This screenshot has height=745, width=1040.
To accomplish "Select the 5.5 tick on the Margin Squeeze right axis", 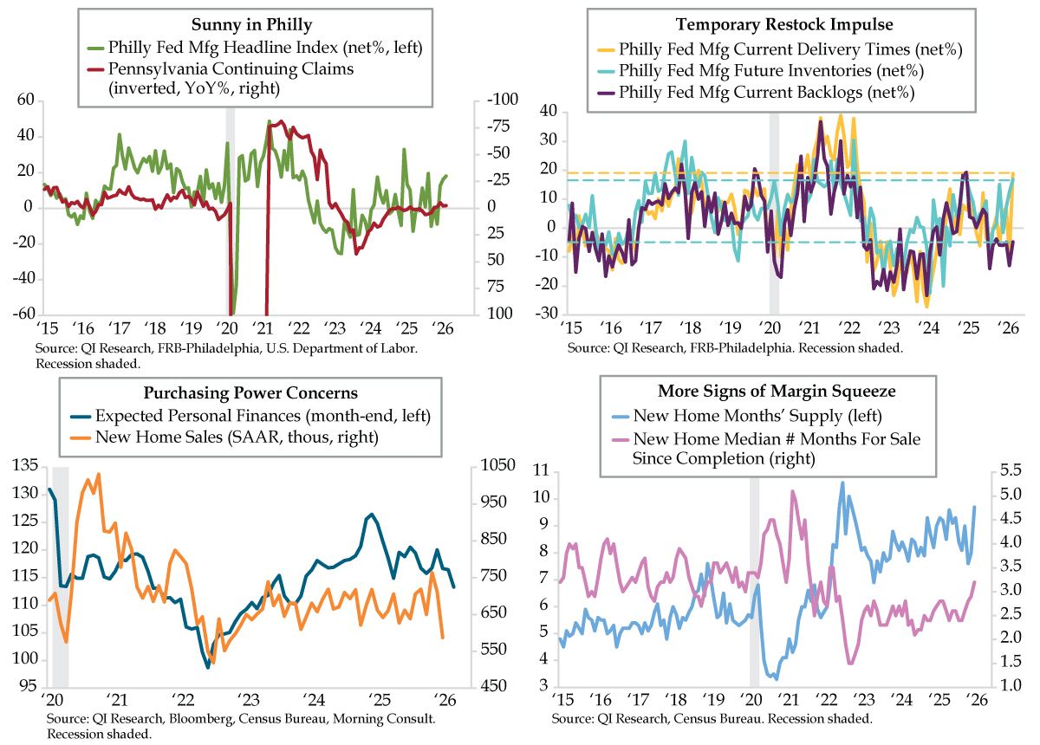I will click(x=1009, y=470).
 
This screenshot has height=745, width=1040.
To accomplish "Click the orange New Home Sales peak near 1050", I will click(x=98, y=474).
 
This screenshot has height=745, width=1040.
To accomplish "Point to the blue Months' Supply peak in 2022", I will click(x=841, y=483).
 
